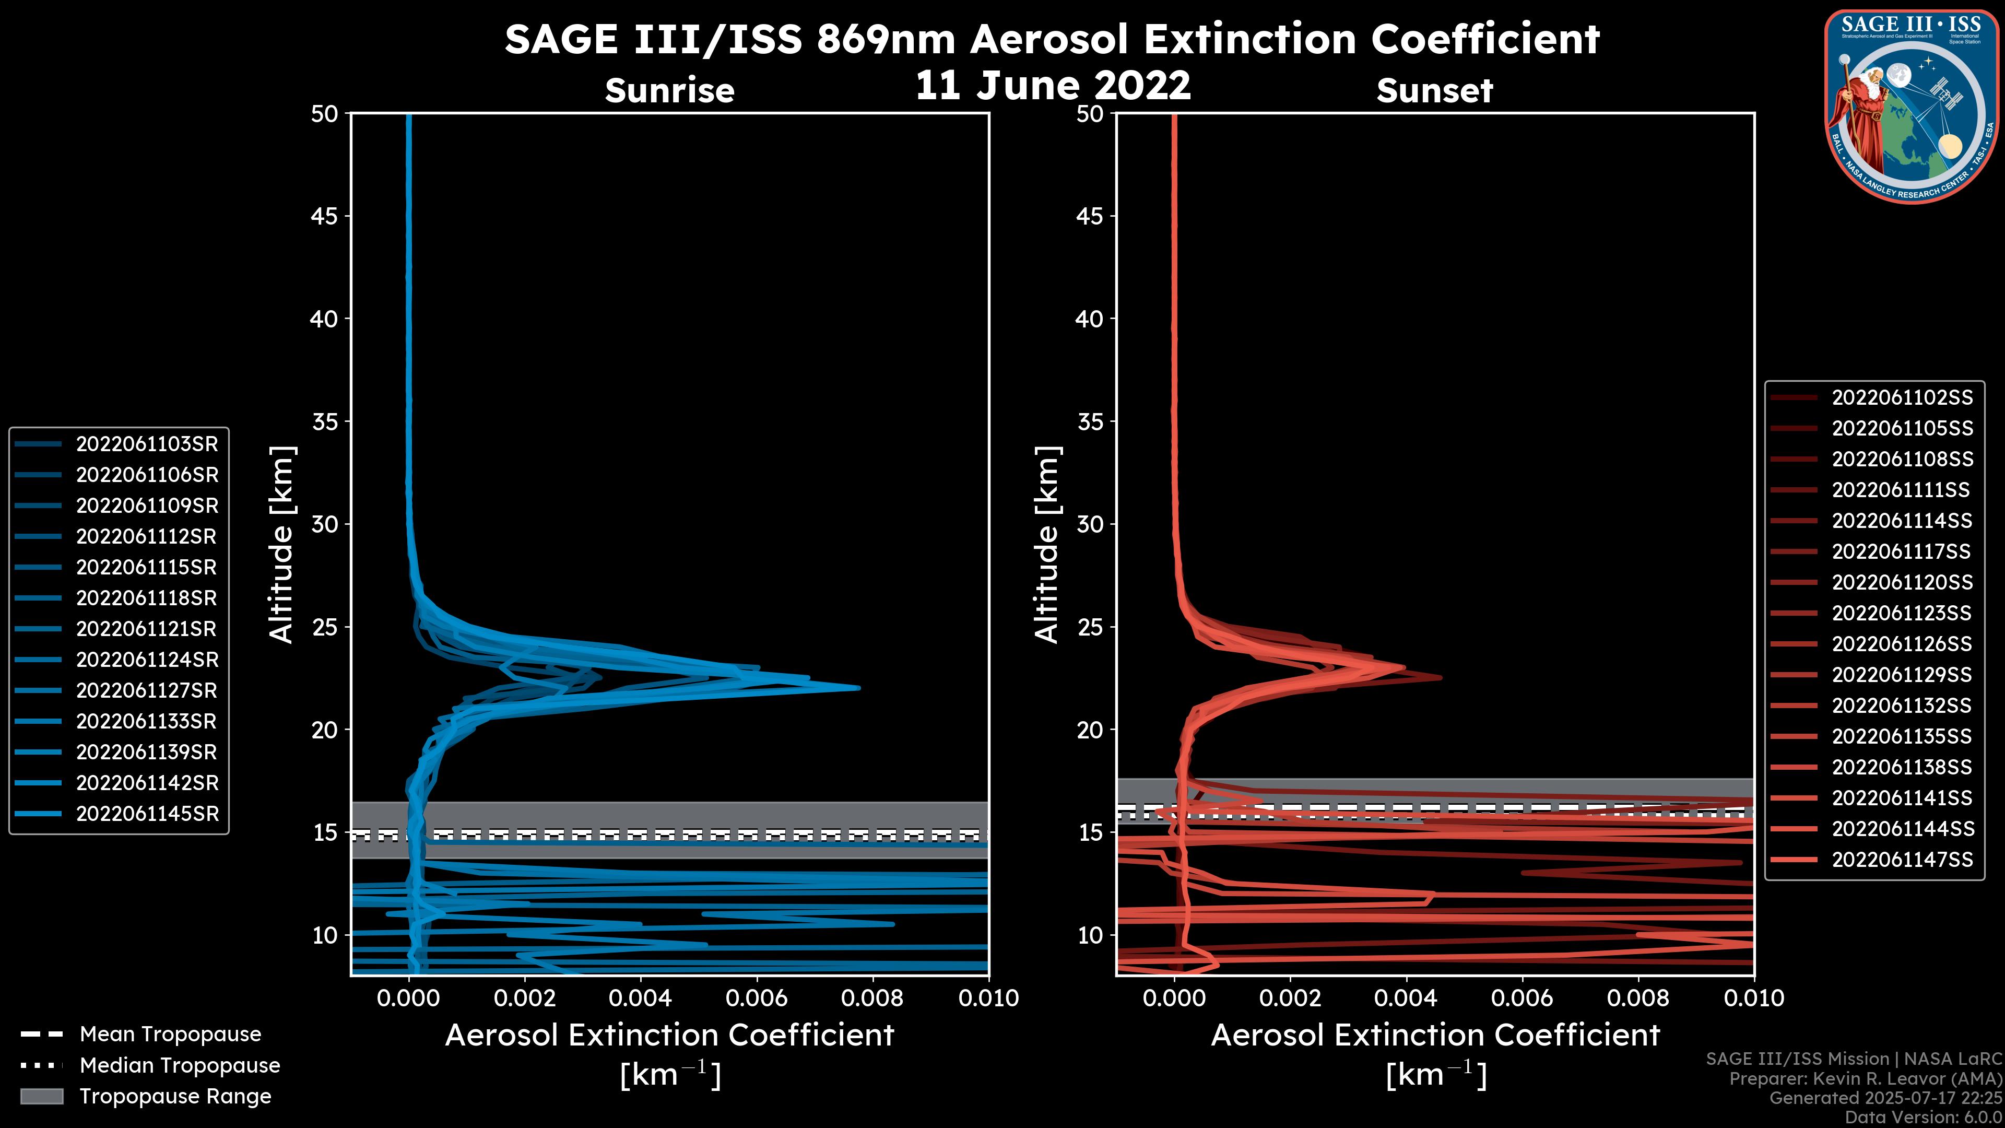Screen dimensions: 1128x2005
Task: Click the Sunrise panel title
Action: (x=669, y=90)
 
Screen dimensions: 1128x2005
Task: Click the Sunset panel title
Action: (x=1434, y=90)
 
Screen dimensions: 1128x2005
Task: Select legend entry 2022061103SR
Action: (x=146, y=444)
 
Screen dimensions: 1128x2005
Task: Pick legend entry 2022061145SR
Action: (x=146, y=814)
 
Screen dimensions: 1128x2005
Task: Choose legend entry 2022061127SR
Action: (x=146, y=690)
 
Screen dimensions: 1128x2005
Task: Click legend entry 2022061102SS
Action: (x=1902, y=398)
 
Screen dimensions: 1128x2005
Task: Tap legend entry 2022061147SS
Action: (x=1902, y=860)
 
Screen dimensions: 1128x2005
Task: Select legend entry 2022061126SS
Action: (x=1902, y=644)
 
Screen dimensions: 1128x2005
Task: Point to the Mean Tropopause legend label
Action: (x=170, y=1034)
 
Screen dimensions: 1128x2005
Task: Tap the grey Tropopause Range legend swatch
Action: (x=41, y=1096)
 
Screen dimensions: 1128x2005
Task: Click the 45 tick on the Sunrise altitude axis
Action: (x=325, y=216)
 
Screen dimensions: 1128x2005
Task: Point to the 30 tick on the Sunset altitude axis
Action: (x=1090, y=524)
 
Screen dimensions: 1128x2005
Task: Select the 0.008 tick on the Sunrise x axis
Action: (x=872, y=998)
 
